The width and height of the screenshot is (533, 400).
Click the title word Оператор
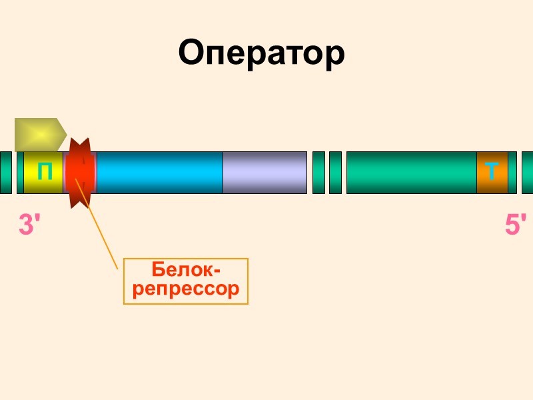click(261, 53)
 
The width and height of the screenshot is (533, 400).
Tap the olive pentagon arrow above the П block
click(39, 134)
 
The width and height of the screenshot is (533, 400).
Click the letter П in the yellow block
click(45, 172)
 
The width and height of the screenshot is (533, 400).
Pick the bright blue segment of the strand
click(159, 173)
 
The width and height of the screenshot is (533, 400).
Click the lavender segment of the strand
click(265, 173)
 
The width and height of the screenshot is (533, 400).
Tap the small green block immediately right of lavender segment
click(318, 173)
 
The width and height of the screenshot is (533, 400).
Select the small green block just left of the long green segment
click(335, 173)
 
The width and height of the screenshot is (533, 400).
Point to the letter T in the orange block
click(492, 172)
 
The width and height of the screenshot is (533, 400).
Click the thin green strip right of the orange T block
click(512, 173)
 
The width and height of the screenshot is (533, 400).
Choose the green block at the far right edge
click(527, 173)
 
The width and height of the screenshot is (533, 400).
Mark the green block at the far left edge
click(5, 173)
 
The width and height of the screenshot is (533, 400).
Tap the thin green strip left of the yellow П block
click(20, 173)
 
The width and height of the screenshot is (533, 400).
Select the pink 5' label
click(516, 225)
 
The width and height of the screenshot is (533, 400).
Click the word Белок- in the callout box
click(186, 270)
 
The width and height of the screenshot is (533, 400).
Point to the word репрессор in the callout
click(186, 289)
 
